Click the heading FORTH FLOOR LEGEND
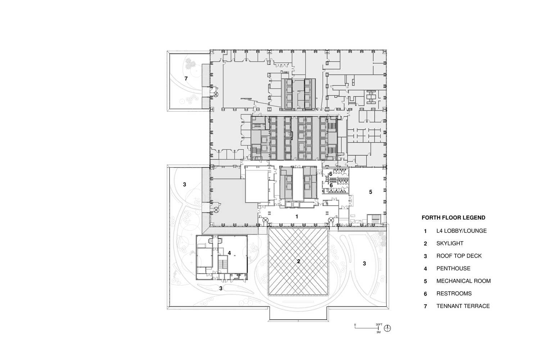click(x=453, y=218)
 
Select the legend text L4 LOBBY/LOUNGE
click(x=461, y=231)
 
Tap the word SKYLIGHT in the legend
click(x=449, y=243)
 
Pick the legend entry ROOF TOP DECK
click(x=459, y=256)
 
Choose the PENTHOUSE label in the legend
click(x=453, y=269)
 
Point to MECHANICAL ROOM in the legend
click(x=463, y=281)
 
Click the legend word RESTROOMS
click(x=454, y=294)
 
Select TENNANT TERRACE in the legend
click(x=463, y=306)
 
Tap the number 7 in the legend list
click(x=425, y=307)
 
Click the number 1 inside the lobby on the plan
click(x=297, y=217)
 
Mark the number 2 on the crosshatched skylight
click(x=298, y=262)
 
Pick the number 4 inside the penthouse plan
click(x=229, y=253)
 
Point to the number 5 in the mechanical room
click(x=370, y=192)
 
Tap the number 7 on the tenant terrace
click(x=186, y=78)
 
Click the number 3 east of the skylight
click(x=364, y=264)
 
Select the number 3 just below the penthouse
click(x=221, y=288)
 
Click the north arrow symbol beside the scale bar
click(x=388, y=328)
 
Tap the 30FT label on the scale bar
click(x=379, y=324)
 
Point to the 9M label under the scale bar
click(x=379, y=333)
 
